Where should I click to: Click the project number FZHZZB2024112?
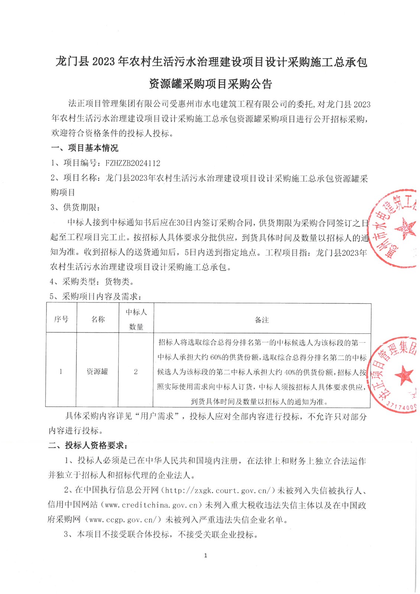click(x=133, y=163)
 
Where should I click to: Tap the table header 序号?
click(x=61, y=319)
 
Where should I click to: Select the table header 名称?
click(x=98, y=319)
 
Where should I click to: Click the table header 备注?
click(x=262, y=320)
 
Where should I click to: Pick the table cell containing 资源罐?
click(x=97, y=371)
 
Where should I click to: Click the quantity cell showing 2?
click(x=136, y=371)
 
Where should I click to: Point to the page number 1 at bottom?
click(x=205, y=555)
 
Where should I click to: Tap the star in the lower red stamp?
click(x=403, y=376)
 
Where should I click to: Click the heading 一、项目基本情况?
click(x=85, y=148)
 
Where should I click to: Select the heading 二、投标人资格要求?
click(x=88, y=446)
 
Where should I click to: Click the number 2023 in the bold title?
click(x=104, y=62)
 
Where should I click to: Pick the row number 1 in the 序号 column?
click(x=61, y=371)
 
